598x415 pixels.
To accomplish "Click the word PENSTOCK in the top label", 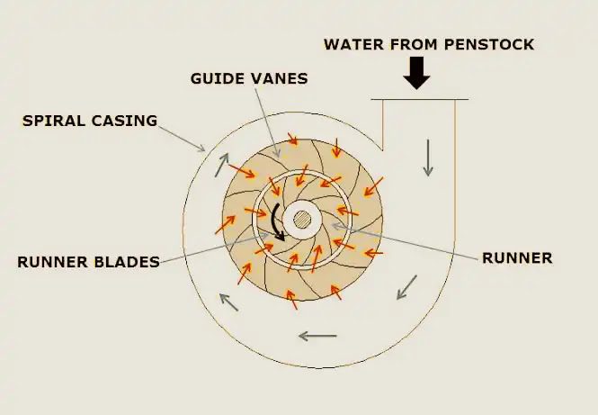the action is [x=489, y=44].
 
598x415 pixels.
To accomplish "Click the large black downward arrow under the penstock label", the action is [x=417, y=73].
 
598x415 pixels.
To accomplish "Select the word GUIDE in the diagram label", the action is [x=216, y=78].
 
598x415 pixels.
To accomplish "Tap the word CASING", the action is [x=124, y=121].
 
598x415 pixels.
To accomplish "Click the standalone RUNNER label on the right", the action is [x=517, y=258].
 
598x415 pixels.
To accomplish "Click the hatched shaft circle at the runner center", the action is [x=302, y=220].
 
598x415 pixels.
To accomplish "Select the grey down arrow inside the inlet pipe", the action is [x=428, y=158].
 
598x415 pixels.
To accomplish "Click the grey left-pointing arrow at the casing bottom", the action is [x=317, y=336].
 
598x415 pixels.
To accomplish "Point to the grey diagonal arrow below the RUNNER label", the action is [x=406, y=287].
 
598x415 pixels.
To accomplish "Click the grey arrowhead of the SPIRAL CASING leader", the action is [x=201, y=148].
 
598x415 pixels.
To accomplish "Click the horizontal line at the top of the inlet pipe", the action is [x=420, y=100].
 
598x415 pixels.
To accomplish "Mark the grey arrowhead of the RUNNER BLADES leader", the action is [x=263, y=236].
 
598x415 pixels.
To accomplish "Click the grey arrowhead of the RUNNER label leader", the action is [x=336, y=226].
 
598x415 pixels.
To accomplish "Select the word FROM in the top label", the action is [x=414, y=44].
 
